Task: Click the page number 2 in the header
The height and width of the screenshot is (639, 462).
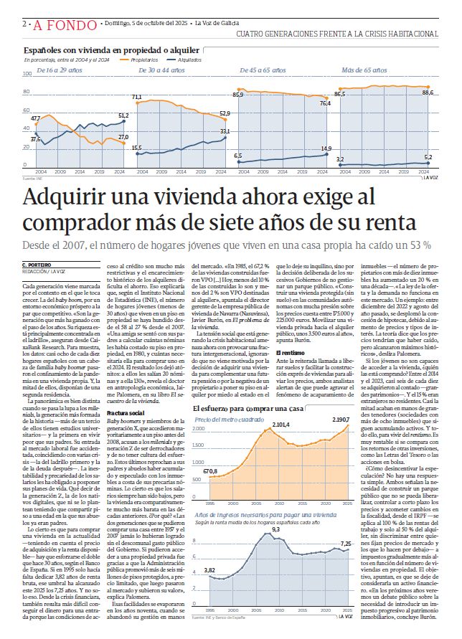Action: tap(26, 24)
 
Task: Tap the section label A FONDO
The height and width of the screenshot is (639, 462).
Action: tap(60, 24)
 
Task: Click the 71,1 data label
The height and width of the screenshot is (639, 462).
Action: tap(136, 97)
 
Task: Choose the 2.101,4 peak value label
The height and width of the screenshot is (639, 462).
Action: tap(281, 445)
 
